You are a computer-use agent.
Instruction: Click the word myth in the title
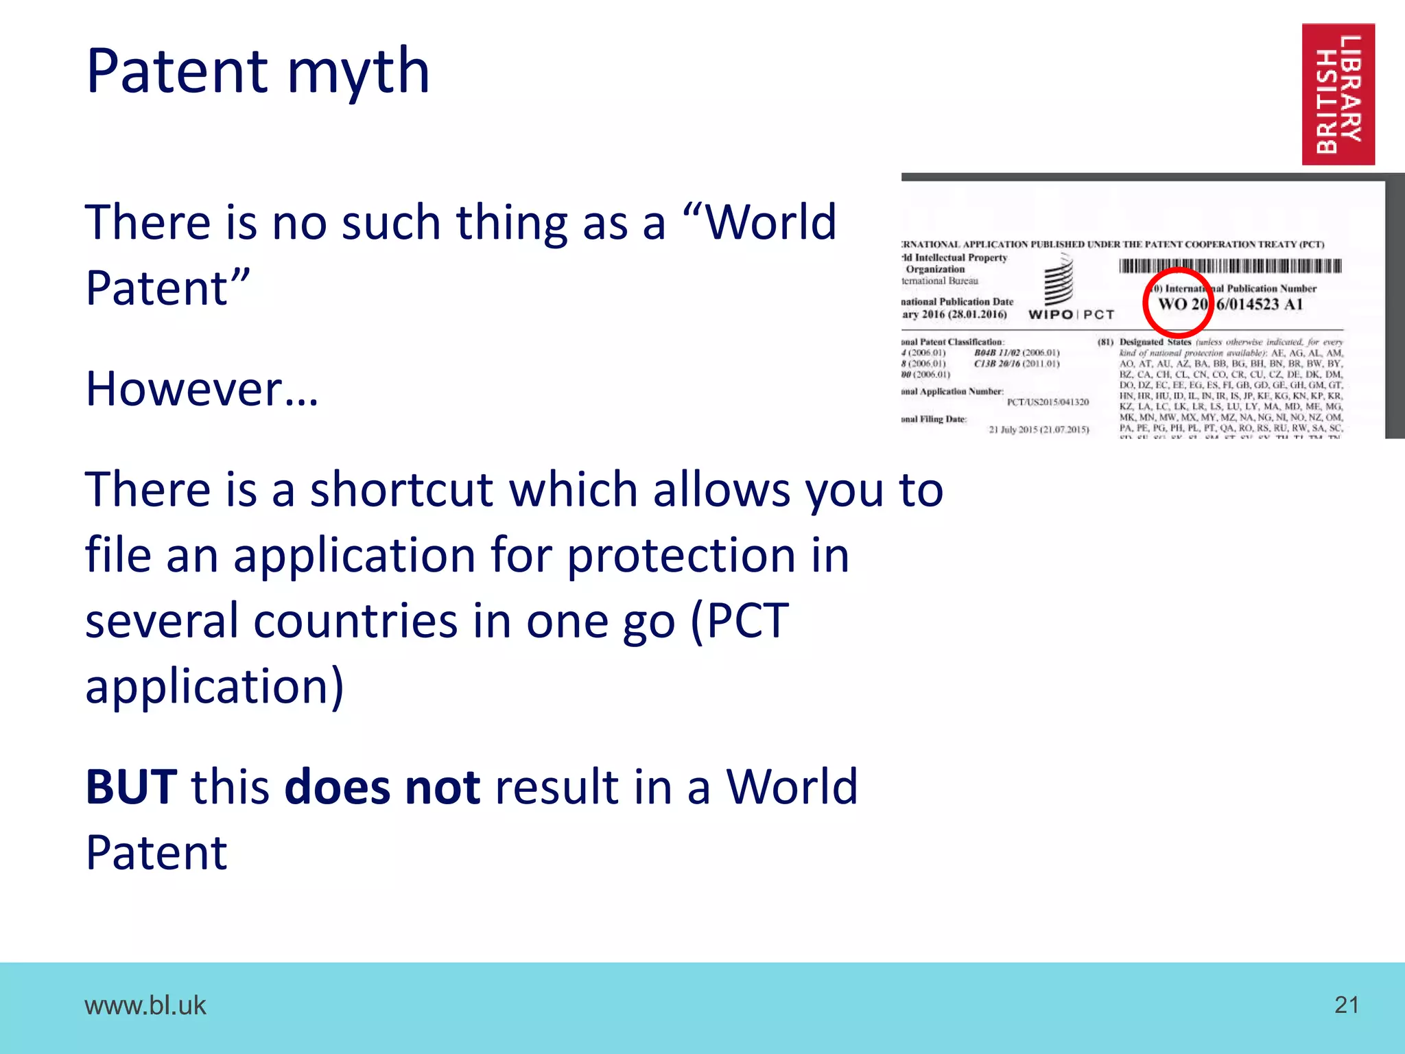[x=357, y=72]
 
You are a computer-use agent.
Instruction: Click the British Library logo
[x=1338, y=94]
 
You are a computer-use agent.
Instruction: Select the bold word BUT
[x=131, y=786]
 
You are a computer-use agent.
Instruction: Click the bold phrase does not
[x=382, y=786]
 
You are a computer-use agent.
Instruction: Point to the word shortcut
[x=401, y=489]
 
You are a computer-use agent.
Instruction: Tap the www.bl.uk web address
[x=145, y=1005]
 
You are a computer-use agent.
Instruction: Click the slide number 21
[x=1347, y=1005]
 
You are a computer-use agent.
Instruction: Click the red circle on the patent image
[x=1178, y=303]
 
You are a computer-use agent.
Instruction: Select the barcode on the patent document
[x=1230, y=266]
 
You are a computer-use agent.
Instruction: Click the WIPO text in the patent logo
[x=1050, y=314]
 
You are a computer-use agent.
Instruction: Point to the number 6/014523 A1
[x=1259, y=304]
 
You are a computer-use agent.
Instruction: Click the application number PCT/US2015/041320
[x=1048, y=402]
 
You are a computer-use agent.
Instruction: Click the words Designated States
[x=1155, y=342]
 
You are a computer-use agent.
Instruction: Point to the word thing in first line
[x=508, y=222]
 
